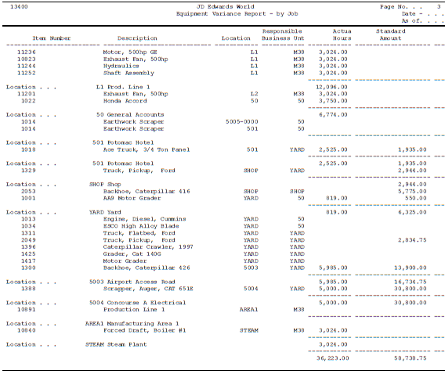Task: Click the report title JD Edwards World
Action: point(221,6)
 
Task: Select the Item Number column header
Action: point(52,38)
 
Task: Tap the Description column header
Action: point(137,38)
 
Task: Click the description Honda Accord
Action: point(125,100)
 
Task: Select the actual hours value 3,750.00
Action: point(333,100)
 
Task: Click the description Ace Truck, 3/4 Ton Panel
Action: point(143,149)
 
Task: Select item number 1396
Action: point(27,246)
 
